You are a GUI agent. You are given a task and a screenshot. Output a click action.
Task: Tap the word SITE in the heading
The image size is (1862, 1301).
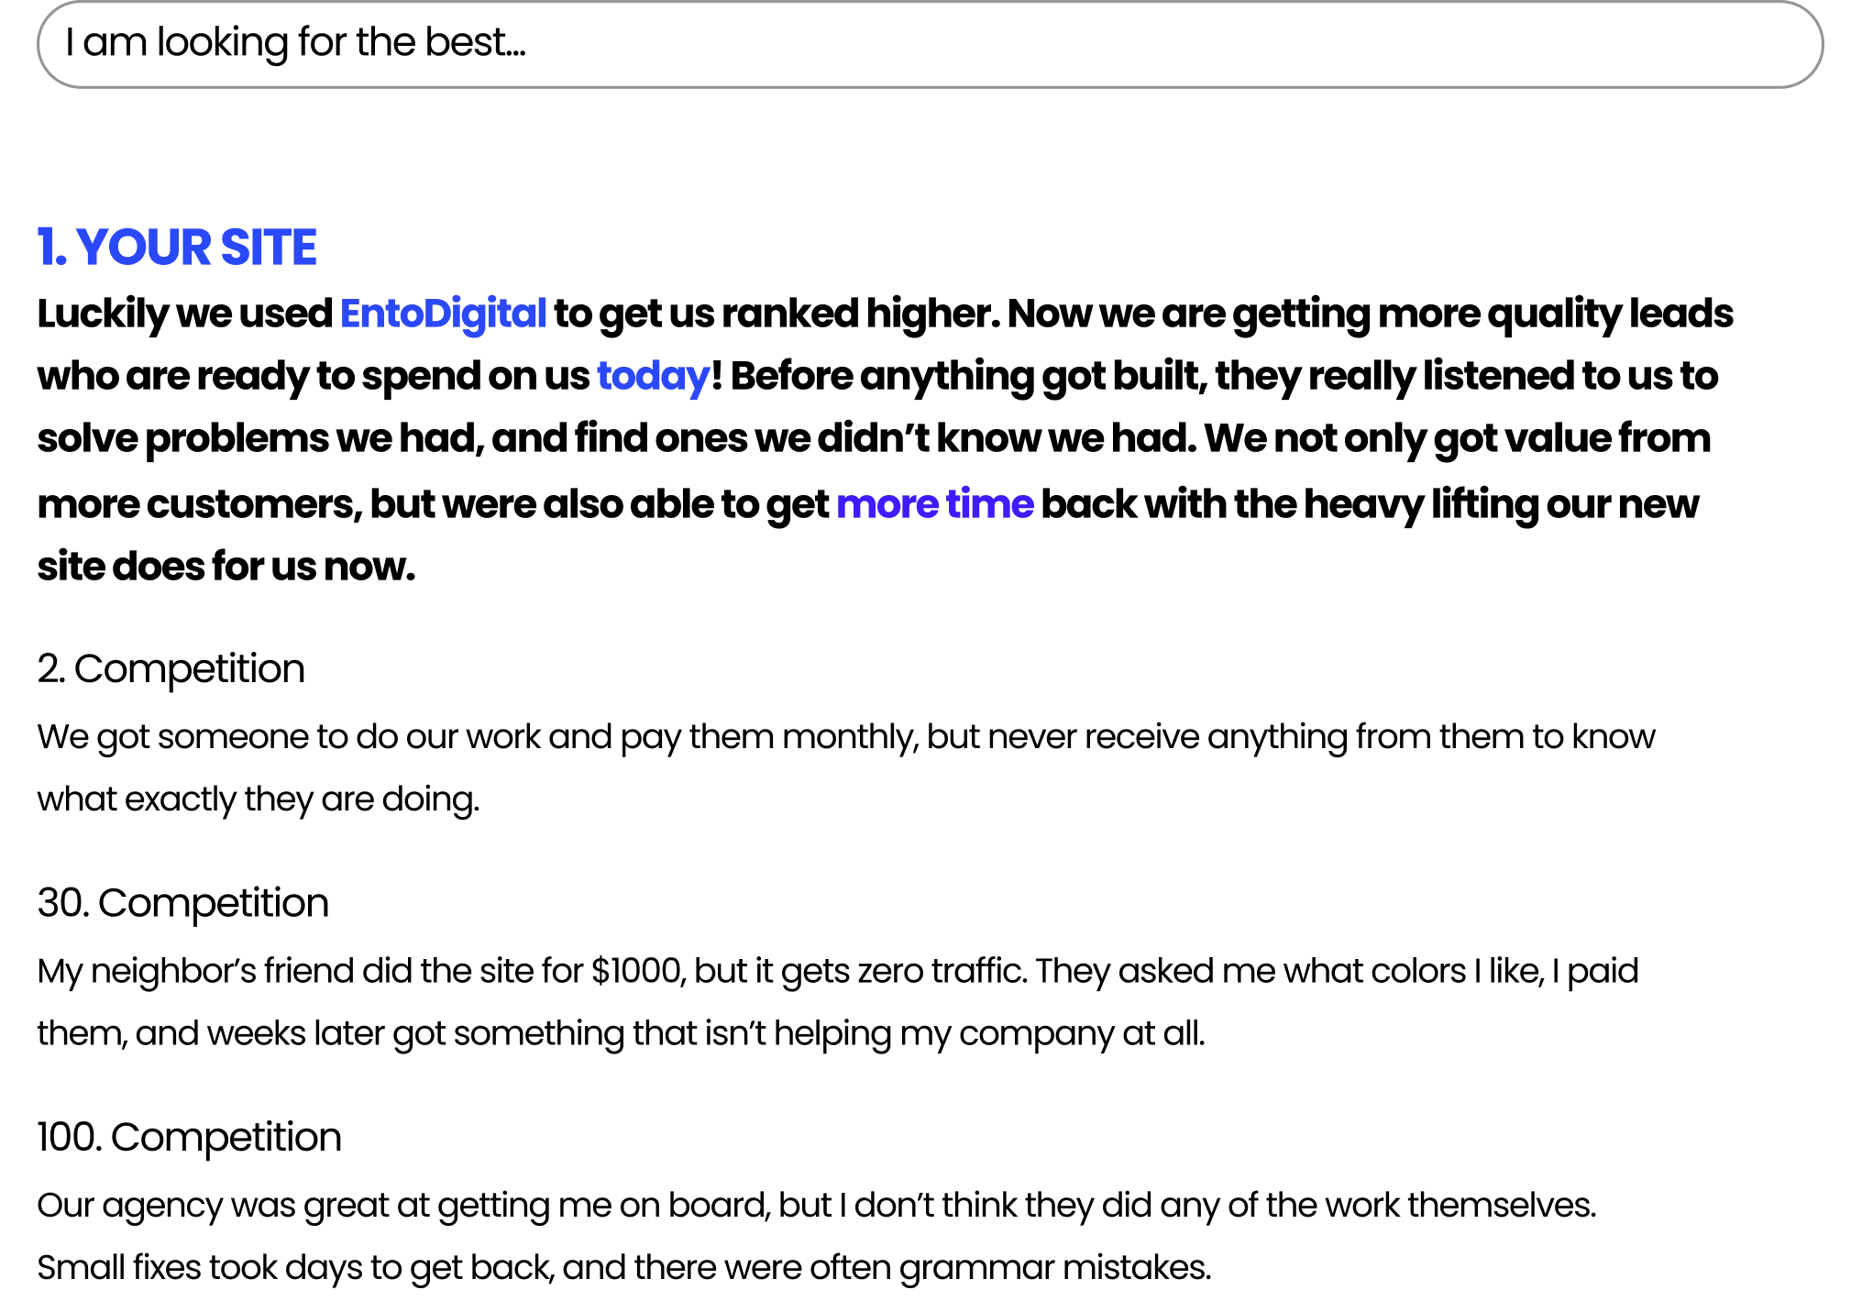click(x=270, y=249)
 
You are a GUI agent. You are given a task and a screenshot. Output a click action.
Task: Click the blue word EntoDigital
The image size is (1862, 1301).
click(x=443, y=314)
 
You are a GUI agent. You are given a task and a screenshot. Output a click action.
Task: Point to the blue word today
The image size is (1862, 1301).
click(x=653, y=378)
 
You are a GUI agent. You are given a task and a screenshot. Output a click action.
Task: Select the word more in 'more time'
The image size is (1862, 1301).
click(x=886, y=506)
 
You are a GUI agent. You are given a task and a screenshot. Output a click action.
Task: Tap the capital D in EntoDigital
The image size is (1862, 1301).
click(x=442, y=314)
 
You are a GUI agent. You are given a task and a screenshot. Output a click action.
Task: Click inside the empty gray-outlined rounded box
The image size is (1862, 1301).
click(x=931, y=48)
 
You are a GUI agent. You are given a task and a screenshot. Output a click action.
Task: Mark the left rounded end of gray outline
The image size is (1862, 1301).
click(x=40, y=48)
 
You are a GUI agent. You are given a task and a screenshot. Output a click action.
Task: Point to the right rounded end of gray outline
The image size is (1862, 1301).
click(x=1822, y=48)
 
